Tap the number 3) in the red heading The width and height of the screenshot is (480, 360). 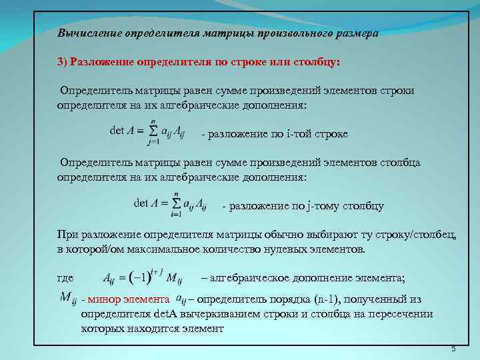click(63, 61)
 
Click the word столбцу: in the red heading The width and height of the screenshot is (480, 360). click(316, 61)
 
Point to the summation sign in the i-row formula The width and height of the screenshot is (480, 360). click(152, 131)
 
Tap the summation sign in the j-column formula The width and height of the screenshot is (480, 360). click(177, 203)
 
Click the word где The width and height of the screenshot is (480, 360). click(65, 278)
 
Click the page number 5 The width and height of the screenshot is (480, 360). click(453, 349)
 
